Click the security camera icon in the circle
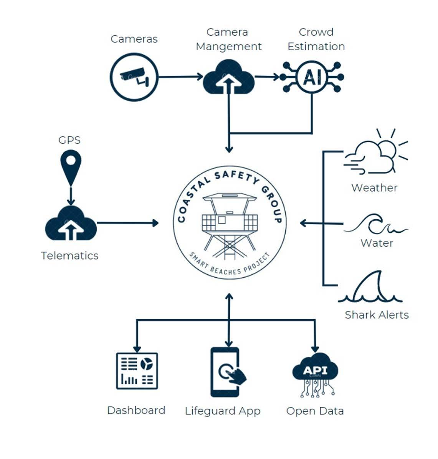(134, 77)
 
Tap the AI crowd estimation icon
(312, 77)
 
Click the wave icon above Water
(376, 226)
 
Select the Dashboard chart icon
(137, 371)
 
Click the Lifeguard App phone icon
(226, 372)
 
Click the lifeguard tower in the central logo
(230, 225)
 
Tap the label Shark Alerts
(377, 315)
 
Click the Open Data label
(315, 411)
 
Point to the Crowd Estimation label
(316, 39)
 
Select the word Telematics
(70, 255)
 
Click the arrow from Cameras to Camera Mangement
(180, 77)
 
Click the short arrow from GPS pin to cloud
(71, 196)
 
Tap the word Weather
(374, 188)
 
